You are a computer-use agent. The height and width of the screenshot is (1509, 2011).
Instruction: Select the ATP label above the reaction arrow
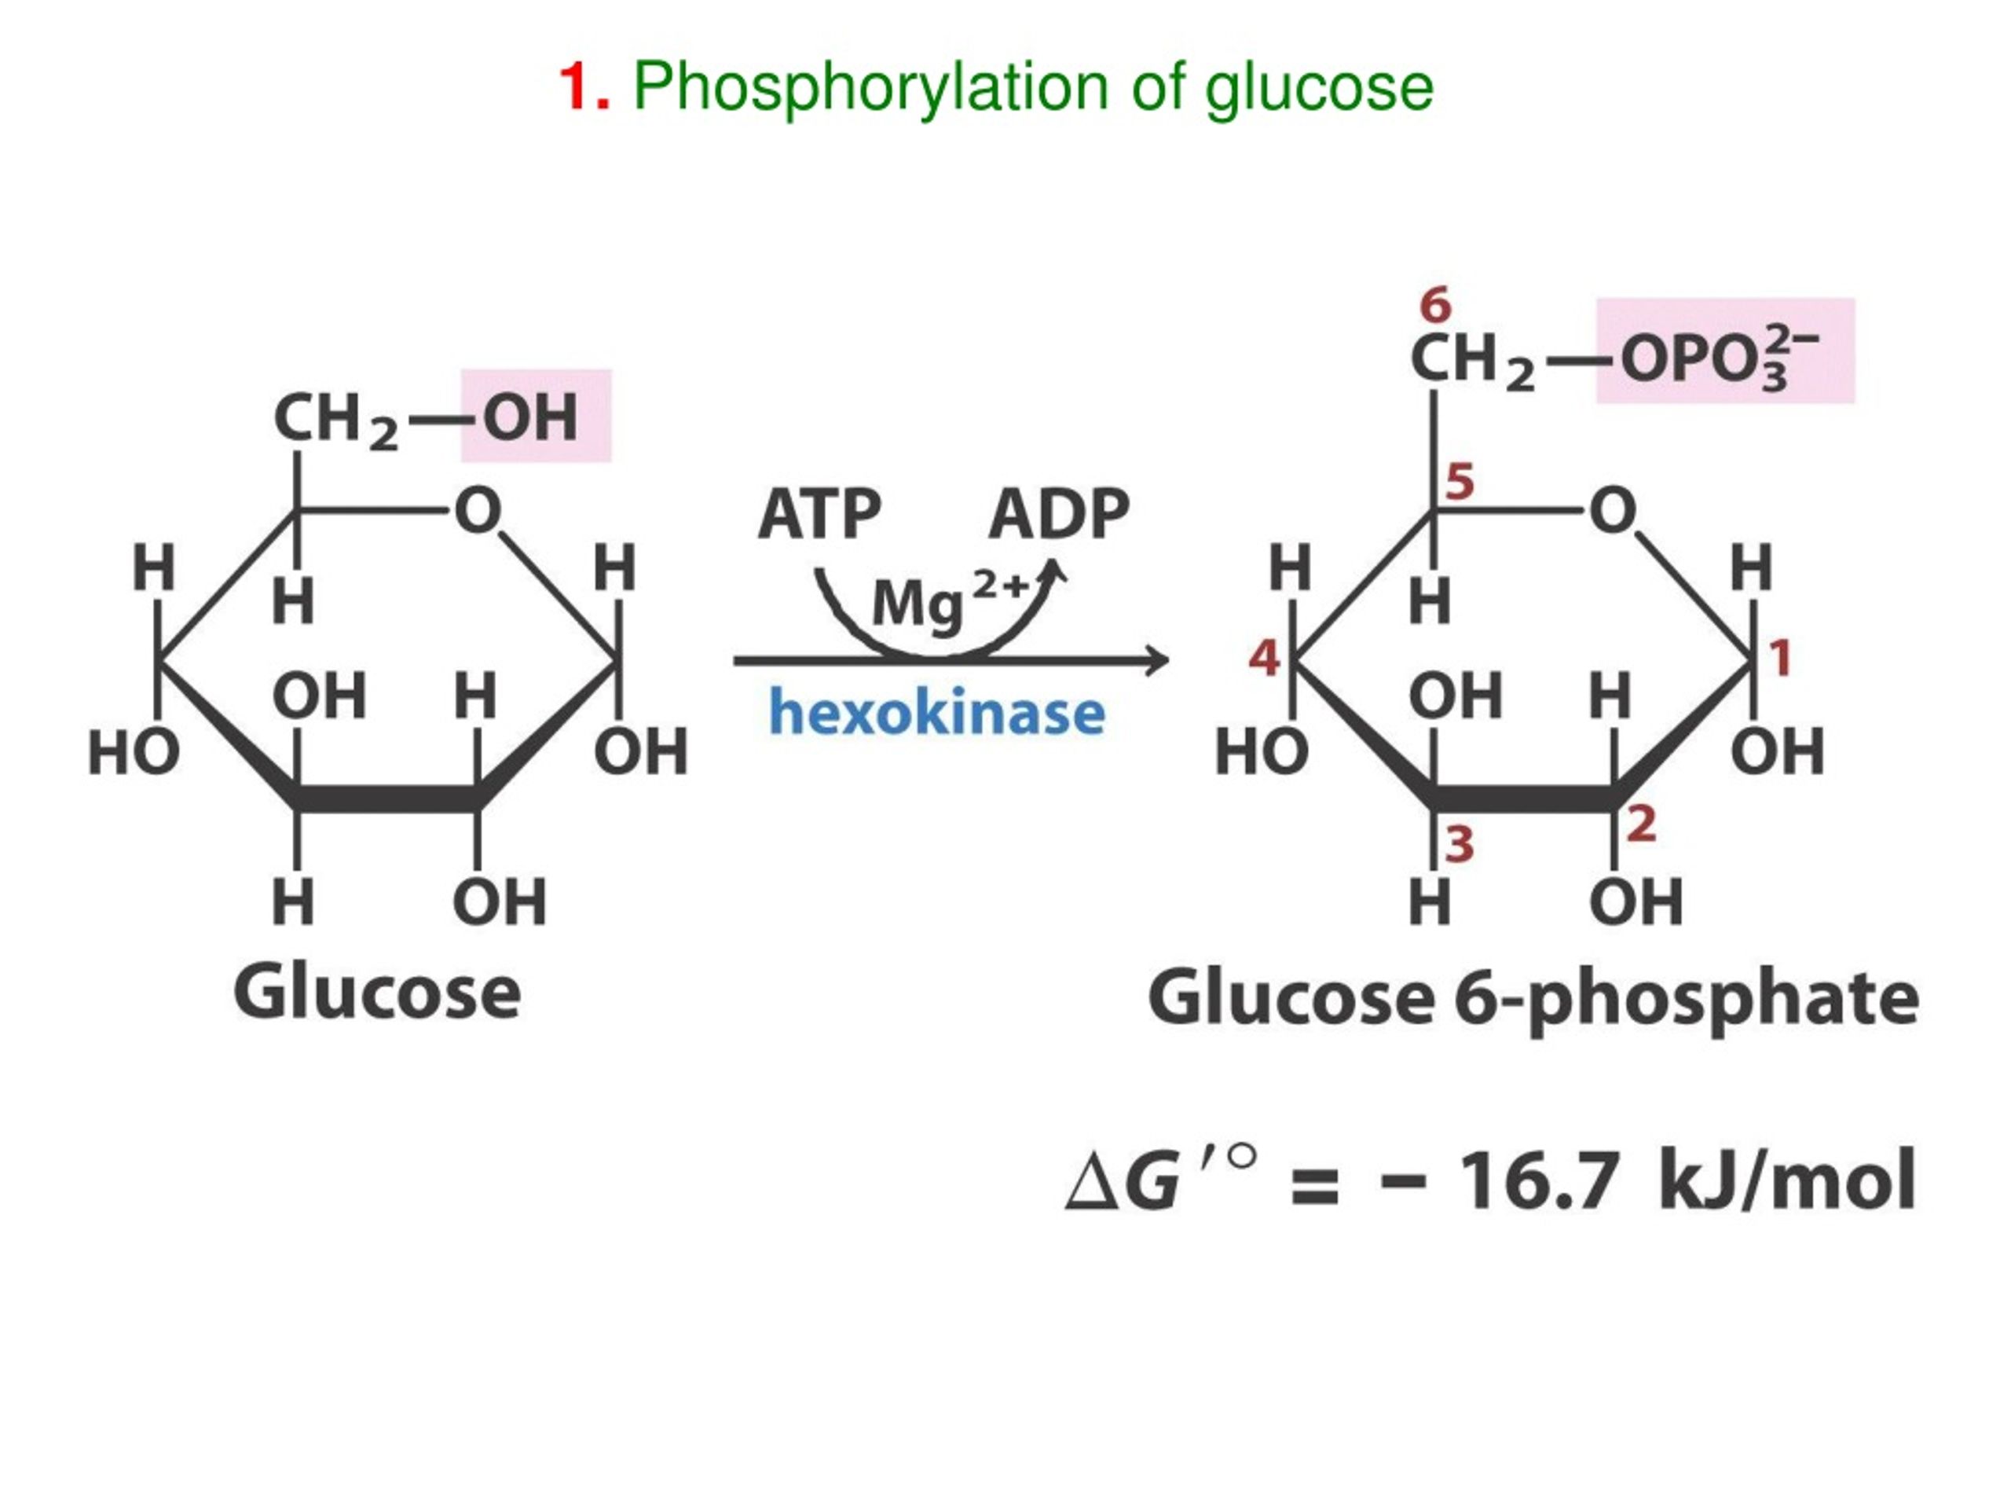coord(819,515)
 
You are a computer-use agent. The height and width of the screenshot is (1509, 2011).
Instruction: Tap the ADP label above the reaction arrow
coord(1059,515)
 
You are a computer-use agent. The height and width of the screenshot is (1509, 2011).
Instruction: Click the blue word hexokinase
coord(937,712)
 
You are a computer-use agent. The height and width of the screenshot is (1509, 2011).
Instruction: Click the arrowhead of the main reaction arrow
coord(1156,660)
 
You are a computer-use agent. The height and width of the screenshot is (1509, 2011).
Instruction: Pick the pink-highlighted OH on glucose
coord(530,418)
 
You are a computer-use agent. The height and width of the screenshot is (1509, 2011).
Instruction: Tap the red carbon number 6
coord(1435,305)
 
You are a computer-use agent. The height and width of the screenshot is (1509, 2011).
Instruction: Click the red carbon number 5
coord(1460,481)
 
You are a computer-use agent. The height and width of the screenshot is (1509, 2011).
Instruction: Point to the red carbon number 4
coord(1265,658)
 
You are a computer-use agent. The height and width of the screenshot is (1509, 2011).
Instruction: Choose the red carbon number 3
coord(1460,844)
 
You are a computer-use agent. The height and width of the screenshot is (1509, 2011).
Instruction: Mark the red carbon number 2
coord(1641,824)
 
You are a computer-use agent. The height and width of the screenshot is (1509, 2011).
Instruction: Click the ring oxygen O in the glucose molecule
coord(478,510)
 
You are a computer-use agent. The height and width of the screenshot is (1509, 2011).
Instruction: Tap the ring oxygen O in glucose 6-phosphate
coord(1613,510)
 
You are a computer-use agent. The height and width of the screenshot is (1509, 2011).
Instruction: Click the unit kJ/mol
coord(1787,1180)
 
